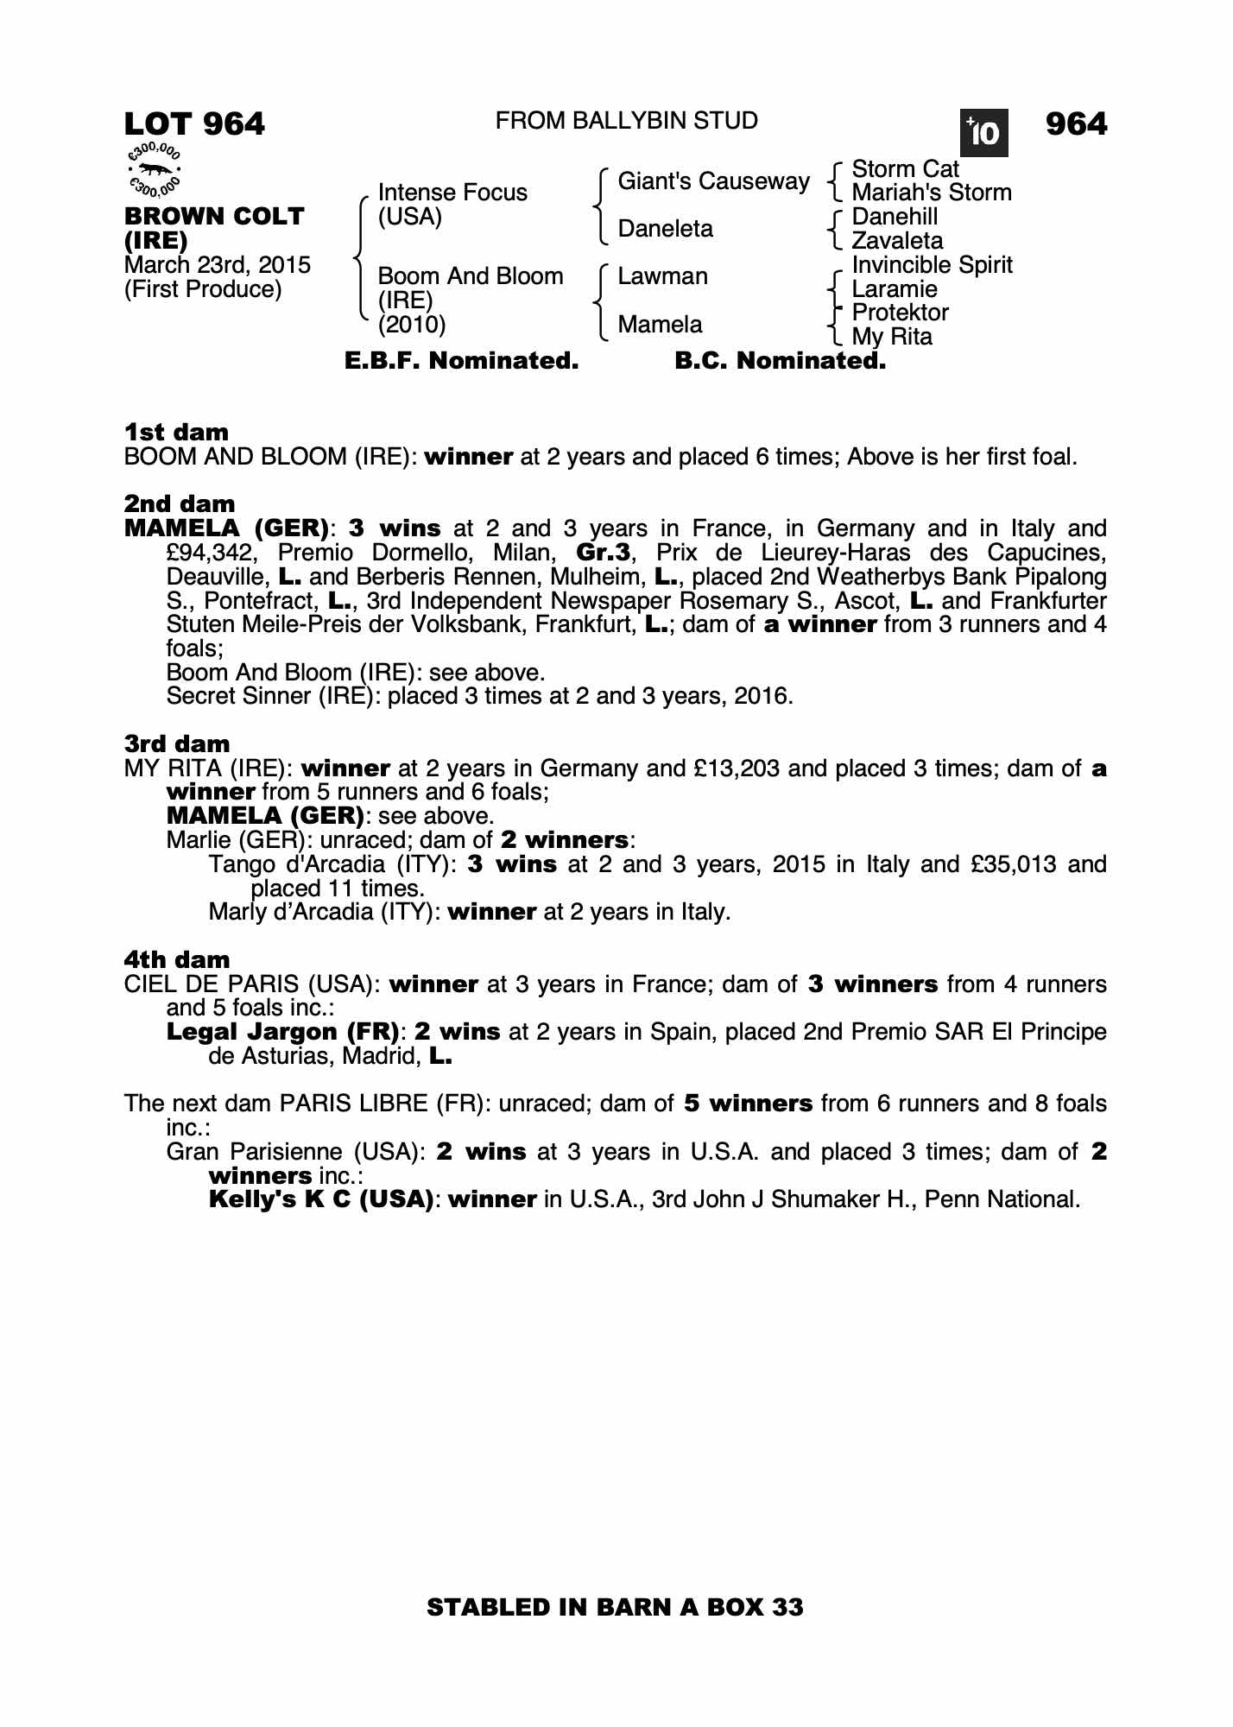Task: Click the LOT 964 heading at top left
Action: pyautogui.click(x=194, y=124)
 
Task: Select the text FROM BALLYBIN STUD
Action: pyautogui.click(x=626, y=121)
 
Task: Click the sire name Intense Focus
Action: pyautogui.click(x=452, y=192)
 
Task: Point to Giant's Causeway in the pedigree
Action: pyautogui.click(x=713, y=181)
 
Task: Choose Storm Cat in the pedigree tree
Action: pyautogui.click(x=905, y=169)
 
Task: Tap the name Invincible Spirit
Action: pyautogui.click(x=932, y=265)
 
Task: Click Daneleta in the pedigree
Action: pyautogui.click(x=665, y=229)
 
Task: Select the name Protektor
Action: pyautogui.click(x=900, y=313)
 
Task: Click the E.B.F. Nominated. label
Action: pyautogui.click(x=461, y=361)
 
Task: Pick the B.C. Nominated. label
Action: pyautogui.click(x=780, y=361)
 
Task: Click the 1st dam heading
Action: pyautogui.click(x=176, y=432)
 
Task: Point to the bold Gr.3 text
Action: pyautogui.click(x=603, y=553)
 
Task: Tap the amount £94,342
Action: pyautogui.click(x=214, y=553)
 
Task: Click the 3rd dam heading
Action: pyautogui.click(x=176, y=743)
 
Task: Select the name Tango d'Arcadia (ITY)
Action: pyautogui.click(x=332, y=864)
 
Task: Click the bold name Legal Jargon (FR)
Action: pyautogui.click(x=282, y=1032)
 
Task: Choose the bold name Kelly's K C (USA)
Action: pyautogui.click(x=320, y=1199)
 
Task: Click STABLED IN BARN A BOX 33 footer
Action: pyautogui.click(x=615, y=1607)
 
